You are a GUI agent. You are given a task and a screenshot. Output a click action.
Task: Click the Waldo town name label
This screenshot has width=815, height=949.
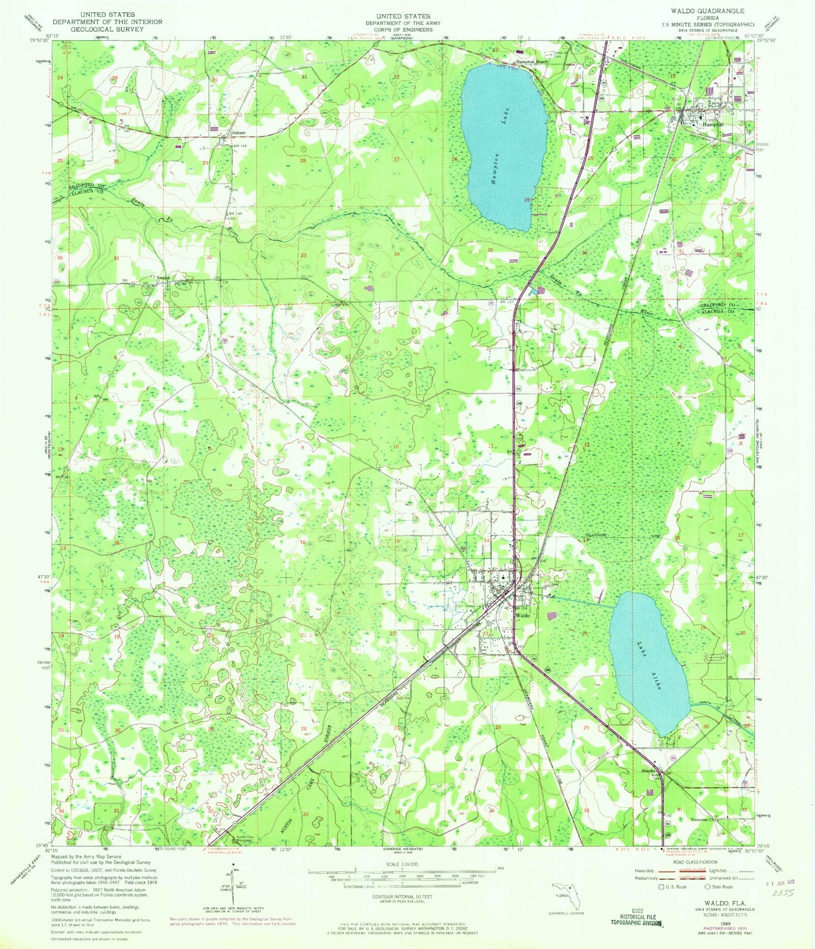(522, 615)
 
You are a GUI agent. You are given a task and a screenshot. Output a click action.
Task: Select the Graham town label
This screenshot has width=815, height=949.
(238, 133)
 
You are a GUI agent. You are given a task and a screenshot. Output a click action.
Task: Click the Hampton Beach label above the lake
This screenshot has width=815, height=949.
(532, 62)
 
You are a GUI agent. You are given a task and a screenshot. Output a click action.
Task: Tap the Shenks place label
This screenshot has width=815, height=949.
(648, 771)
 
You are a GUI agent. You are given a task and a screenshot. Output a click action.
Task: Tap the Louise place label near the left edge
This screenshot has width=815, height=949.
(163, 278)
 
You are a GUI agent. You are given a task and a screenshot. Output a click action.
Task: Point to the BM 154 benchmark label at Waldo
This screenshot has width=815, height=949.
(520, 608)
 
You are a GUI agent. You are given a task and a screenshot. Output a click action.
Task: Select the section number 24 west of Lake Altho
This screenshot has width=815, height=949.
(584, 633)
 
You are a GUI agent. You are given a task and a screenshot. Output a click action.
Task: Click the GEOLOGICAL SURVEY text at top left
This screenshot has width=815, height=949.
(107, 29)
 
